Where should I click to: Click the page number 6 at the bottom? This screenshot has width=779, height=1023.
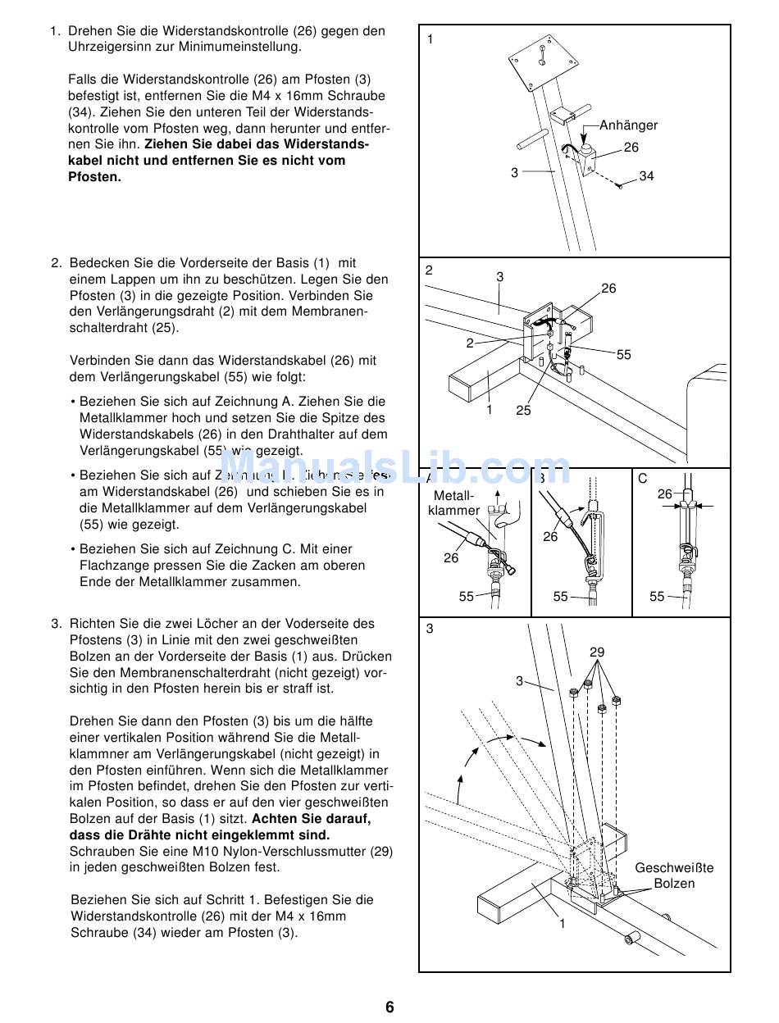click(x=389, y=1007)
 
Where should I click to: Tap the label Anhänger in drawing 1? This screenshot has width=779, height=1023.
click(x=628, y=125)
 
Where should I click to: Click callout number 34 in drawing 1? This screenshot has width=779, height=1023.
click(x=647, y=176)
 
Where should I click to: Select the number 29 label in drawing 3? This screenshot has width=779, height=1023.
click(x=597, y=652)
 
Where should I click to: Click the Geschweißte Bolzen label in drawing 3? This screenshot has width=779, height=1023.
click(x=674, y=875)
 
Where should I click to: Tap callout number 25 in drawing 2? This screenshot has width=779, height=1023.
click(x=523, y=411)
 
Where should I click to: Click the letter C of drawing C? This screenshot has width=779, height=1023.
click(x=643, y=479)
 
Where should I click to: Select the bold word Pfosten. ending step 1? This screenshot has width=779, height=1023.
click(x=94, y=177)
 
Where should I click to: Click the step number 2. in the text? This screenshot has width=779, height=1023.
click(x=57, y=263)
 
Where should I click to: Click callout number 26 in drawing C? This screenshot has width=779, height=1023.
click(x=664, y=494)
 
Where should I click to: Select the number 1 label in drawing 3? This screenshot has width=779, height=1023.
click(x=563, y=924)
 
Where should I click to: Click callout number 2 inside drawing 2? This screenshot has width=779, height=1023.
click(x=470, y=343)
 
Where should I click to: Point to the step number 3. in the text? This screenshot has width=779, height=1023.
click(x=57, y=624)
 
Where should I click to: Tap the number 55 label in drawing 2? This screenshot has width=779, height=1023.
click(x=624, y=355)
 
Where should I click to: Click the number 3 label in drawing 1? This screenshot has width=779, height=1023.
click(x=514, y=173)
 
